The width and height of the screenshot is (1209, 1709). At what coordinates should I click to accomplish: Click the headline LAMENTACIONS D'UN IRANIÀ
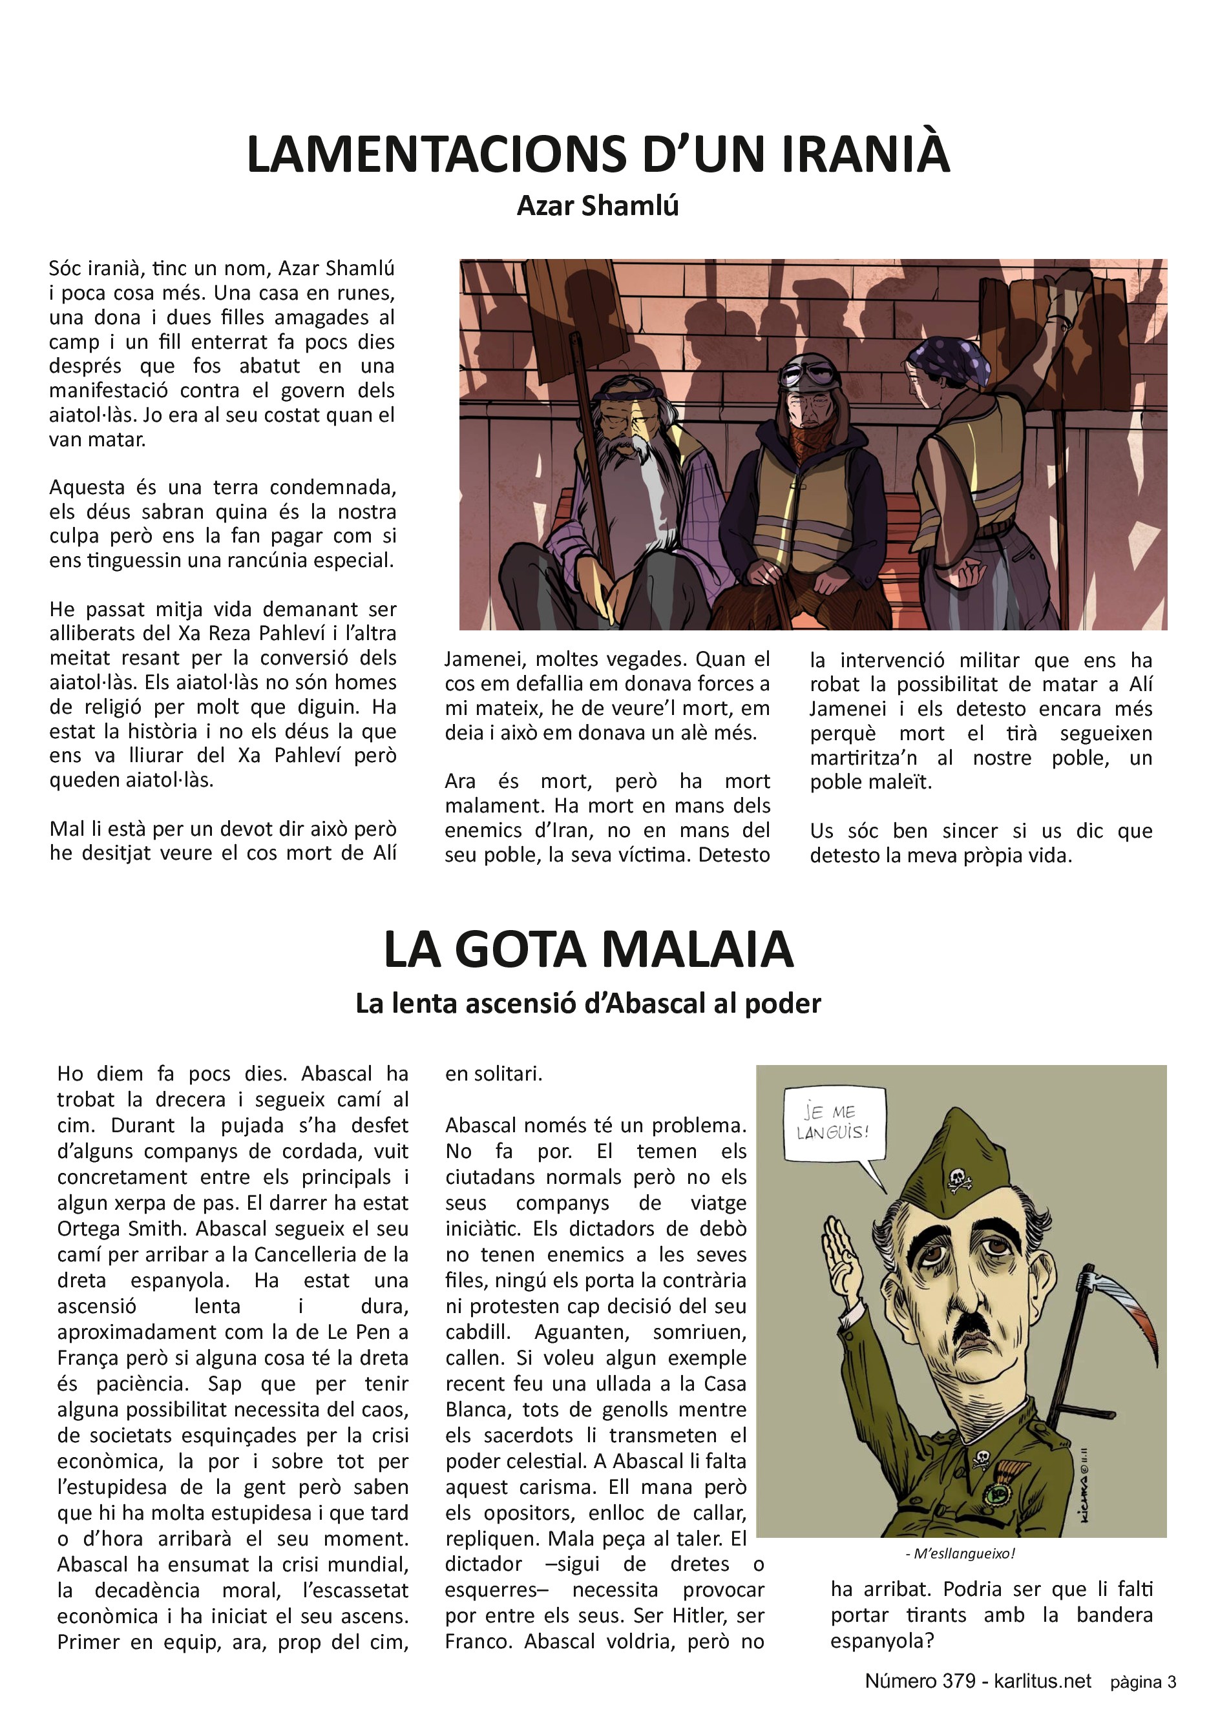tap(598, 154)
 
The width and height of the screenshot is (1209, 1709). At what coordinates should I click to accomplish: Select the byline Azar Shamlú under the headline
tap(598, 206)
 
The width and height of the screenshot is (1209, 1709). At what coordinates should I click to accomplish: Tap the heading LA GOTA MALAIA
tap(588, 950)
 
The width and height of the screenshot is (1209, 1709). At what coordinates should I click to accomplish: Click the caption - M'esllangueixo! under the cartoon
tap(960, 1554)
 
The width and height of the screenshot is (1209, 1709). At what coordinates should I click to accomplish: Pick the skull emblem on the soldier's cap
tap(958, 1178)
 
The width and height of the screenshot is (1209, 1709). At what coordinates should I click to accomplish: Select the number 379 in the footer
tap(959, 1681)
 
